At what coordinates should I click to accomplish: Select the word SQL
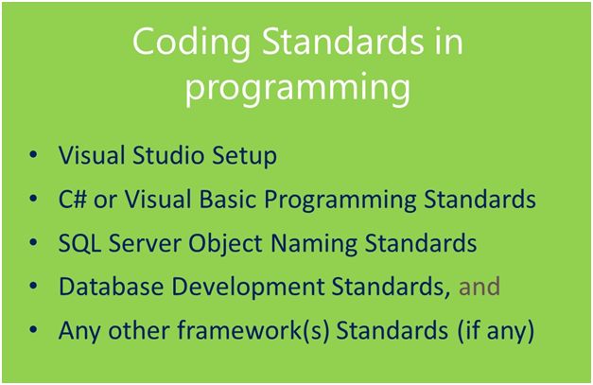click(79, 243)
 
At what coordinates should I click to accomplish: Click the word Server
click(144, 243)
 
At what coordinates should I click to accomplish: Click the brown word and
click(479, 287)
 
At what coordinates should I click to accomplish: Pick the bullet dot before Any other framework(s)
click(34, 331)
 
